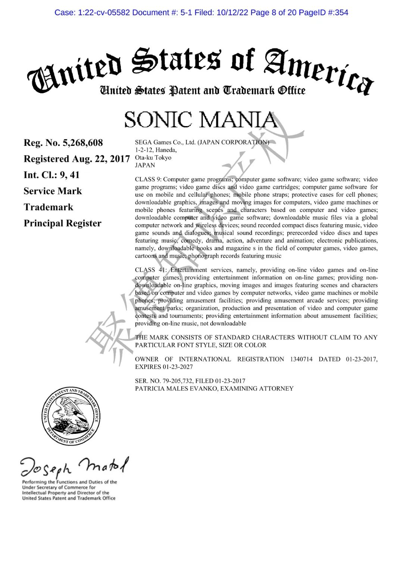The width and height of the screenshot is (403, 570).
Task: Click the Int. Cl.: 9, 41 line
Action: [51, 175]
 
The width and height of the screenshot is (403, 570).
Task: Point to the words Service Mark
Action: [53, 191]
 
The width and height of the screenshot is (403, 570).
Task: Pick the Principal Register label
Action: [62, 223]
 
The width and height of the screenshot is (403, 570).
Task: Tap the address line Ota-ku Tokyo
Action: [153, 157]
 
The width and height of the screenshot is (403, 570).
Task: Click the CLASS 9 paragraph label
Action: [148, 179]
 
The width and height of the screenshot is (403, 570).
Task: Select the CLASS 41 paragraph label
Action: [150, 270]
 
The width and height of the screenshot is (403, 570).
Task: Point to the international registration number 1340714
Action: [301, 359]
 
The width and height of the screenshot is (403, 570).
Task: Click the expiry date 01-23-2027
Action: [178, 367]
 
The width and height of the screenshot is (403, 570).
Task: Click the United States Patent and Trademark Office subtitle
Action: [202, 91]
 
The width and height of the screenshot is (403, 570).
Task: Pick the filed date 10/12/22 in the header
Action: [232, 13]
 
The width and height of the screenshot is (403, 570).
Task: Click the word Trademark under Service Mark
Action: [49, 207]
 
